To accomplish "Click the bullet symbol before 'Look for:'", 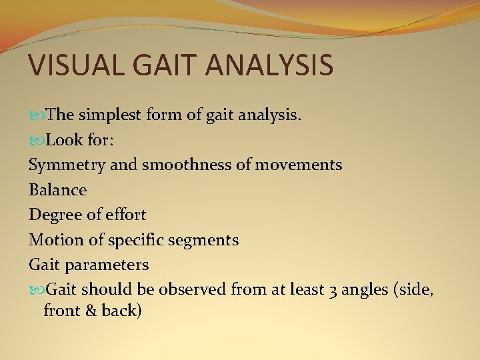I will (36, 141).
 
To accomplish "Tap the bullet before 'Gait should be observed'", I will (36, 290).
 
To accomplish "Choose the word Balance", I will (58, 190).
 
